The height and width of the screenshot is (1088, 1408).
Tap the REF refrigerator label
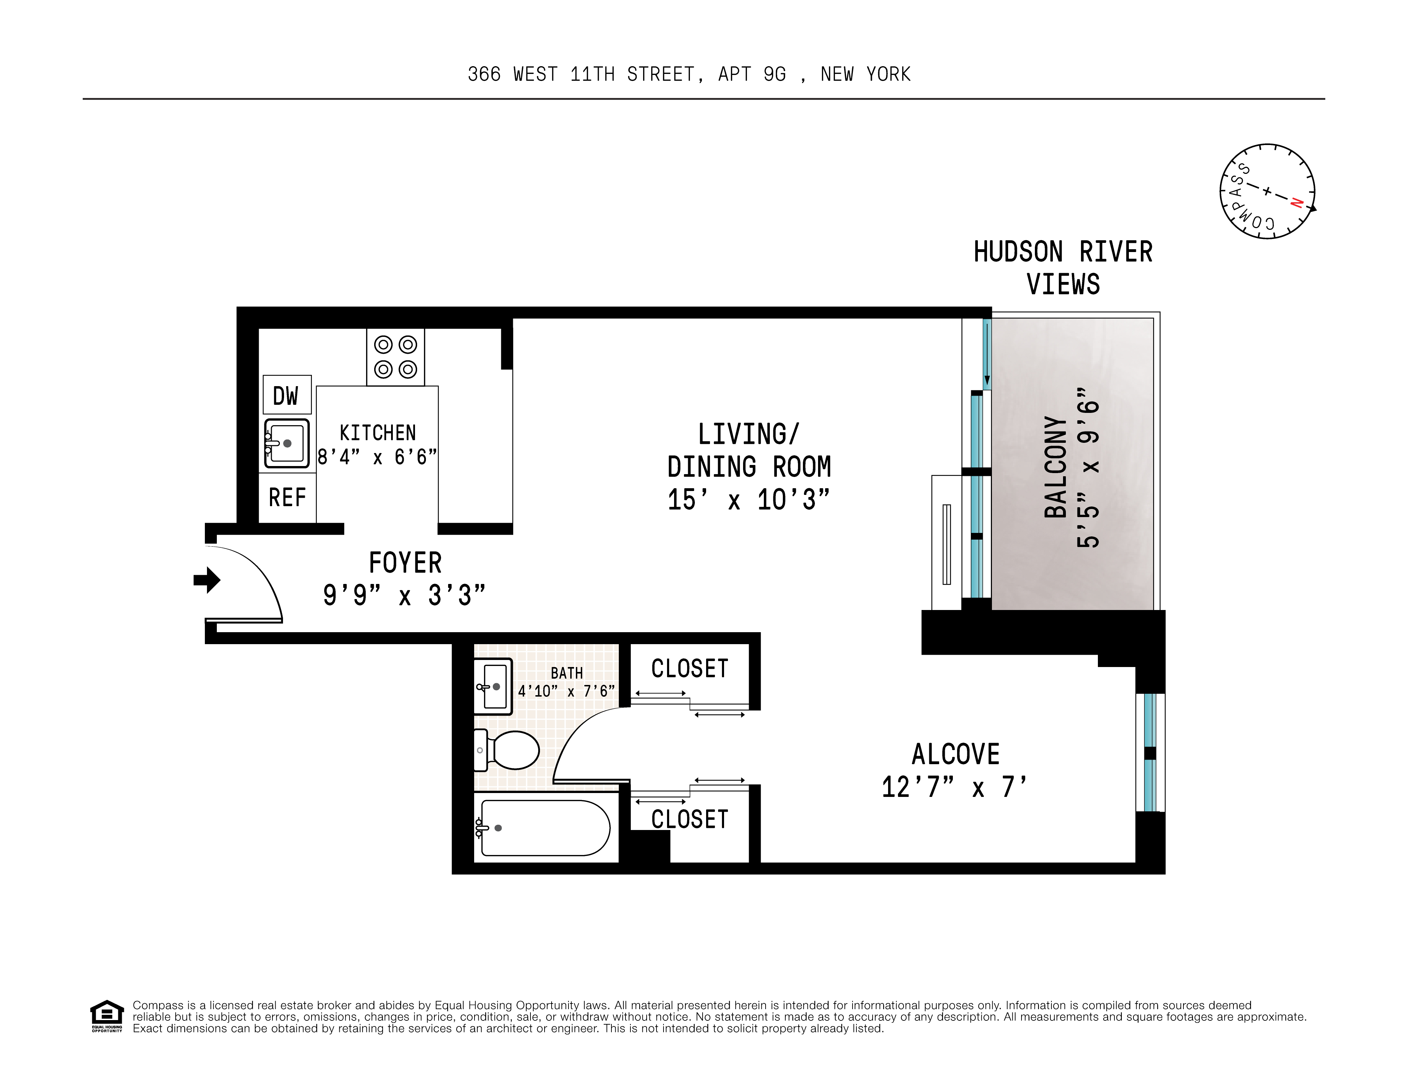click(x=287, y=498)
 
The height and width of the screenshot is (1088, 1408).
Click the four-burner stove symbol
click(x=395, y=357)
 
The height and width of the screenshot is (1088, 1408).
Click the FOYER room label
click(x=405, y=563)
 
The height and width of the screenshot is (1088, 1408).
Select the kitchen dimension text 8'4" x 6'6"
click(x=377, y=457)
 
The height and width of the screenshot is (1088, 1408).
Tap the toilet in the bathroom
click(x=509, y=750)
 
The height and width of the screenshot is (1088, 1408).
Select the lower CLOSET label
click(x=689, y=819)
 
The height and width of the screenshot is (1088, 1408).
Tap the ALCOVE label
click(x=955, y=754)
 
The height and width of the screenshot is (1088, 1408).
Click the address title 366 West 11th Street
click(x=689, y=75)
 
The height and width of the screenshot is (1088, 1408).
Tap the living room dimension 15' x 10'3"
click(x=748, y=499)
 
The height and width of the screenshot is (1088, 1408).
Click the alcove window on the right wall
click(x=1150, y=752)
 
